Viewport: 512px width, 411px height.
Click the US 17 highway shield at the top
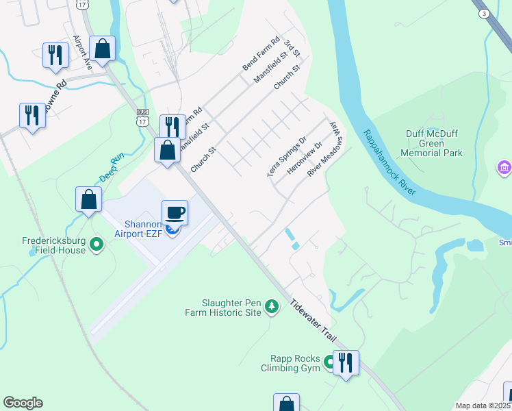pyautogui.click(x=82, y=4)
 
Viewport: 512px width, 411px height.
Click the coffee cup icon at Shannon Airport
pyautogui.click(x=175, y=212)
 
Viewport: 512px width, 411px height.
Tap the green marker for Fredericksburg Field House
pyautogui.click(x=97, y=243)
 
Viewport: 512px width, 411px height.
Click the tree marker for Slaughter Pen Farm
pyautogui.click(x=272, y=306)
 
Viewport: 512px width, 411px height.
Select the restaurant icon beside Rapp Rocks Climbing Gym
pyautogui.click(x=345, y=363)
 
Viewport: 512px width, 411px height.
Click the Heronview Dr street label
pyautogui.click(x=306, y=159)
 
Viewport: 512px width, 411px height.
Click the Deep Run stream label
pyautogui.click(x=112, y=168)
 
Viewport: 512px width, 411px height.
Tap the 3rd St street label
pyautogui.click(x=292, y=49)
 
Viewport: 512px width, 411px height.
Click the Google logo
pyautogui.click(x=23, y=403)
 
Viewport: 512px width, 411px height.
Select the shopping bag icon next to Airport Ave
pyautogui.click(x=102, y=49)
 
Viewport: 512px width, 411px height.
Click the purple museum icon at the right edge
pyautogui.click(x=505, y=167)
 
